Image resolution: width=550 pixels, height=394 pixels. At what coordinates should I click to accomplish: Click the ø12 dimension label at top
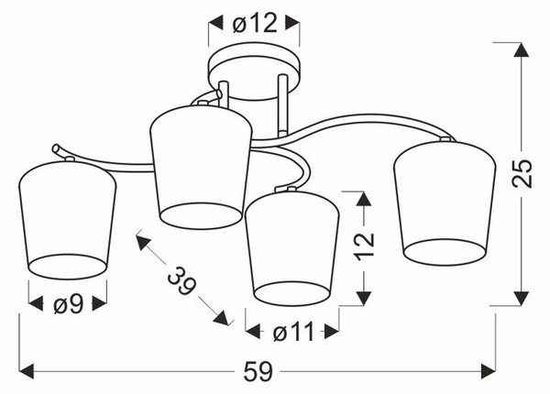click(255, 24)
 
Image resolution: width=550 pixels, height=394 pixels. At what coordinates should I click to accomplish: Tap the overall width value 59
click(258, 371)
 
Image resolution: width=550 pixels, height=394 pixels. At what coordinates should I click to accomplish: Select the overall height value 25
click(522, 173)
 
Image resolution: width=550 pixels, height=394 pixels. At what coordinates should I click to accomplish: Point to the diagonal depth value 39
click(181, 280)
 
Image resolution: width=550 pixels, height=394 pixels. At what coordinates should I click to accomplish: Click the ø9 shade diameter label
click(69, 303)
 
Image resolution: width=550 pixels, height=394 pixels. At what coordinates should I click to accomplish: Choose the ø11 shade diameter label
click(293, 332)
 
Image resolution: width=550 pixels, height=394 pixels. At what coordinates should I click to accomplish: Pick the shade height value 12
click(364, 246)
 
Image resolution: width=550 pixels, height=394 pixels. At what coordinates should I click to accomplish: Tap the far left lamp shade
click(67, 220)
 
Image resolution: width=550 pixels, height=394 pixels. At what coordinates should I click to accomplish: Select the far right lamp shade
click(445, 202)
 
